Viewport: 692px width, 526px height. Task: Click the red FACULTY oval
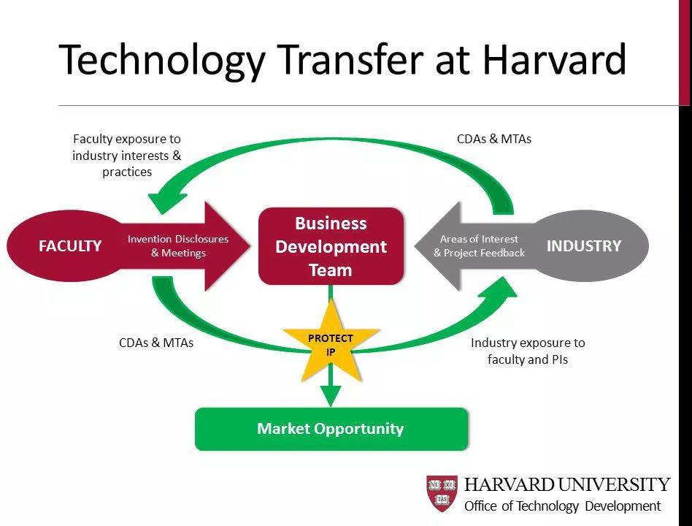point(66,245)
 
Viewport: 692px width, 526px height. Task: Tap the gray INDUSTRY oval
point(587,245)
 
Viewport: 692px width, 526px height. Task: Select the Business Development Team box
point(331,246)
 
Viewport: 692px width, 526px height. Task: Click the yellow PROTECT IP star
point(331,343)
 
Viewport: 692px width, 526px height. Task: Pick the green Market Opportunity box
point(331,429)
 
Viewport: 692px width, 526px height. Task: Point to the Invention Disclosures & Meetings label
point(178,246)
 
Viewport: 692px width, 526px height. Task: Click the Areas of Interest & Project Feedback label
point(480,246)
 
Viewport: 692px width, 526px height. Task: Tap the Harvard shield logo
point(442,493)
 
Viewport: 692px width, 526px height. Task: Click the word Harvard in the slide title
point(554,59)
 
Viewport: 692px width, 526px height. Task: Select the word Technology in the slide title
point(161,61)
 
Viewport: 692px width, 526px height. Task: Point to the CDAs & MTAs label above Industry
point(494,139)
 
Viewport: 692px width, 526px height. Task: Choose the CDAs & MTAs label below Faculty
point(156,343)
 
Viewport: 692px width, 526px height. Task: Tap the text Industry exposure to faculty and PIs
point(528,351)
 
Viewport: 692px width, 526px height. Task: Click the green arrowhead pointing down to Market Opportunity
point(331,395)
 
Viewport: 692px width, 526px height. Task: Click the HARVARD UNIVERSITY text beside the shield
point(567,484)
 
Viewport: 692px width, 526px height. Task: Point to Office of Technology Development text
point(563,506)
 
